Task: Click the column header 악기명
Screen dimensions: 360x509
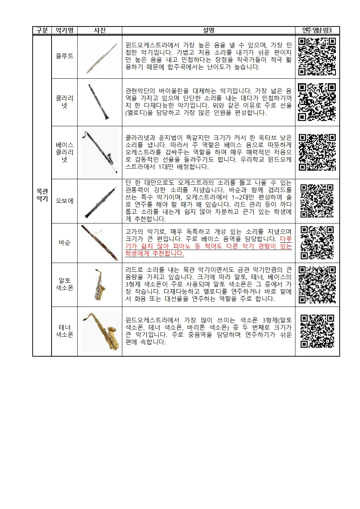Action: [65, 30]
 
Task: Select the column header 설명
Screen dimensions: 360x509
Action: [208, 30]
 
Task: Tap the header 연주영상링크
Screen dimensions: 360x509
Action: [317, 30]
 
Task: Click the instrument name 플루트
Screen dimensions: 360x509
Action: [65, 56]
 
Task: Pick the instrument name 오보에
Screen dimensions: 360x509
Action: [65, 201]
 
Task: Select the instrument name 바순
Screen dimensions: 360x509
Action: [65, 242]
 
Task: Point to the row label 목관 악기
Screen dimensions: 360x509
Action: [42, 195]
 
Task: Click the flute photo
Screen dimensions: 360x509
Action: [101, 59]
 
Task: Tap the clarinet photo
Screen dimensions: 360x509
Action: [99, 102]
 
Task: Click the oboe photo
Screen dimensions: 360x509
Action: [101, 202]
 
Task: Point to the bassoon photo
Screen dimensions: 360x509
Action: [99, 243]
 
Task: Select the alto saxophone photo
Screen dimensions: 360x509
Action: [100, 284]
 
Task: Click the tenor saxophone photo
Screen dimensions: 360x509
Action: [101, 331]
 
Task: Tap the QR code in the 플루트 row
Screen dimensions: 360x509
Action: [317, 57]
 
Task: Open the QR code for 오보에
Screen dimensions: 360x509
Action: [317, 201]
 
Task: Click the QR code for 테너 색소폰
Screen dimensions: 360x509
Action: [317, 331]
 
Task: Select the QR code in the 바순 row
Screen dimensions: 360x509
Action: [317, 243]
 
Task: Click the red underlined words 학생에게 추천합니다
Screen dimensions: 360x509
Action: [155, 254]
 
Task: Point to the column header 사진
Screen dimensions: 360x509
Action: [100, 30]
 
